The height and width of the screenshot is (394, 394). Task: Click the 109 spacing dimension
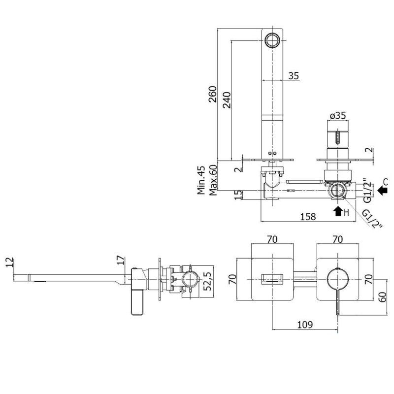point(305,325)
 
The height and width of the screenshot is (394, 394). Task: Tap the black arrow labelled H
point(338,212)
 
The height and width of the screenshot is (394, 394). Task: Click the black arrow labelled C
point(383,188)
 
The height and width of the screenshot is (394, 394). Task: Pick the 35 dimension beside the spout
point(294,76)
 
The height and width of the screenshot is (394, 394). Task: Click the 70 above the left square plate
point(272,239)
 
